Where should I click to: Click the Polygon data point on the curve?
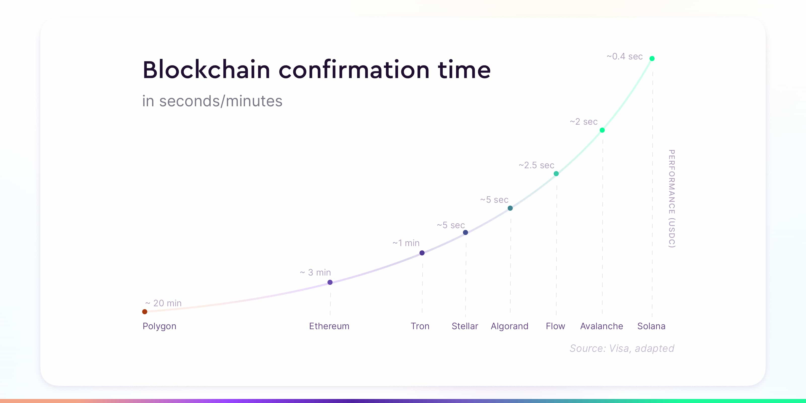[x=145, y=312]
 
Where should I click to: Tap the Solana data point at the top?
[x=652, y=58]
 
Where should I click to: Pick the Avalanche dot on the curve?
[x=602, y=130]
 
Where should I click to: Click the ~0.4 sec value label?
[x=625, y=56]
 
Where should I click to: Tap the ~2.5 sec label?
[x=536, y=165]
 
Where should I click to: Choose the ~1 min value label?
[x=406, y=243]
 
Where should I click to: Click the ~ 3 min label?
[x=315, y=272]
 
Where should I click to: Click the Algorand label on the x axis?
[x=509, y=326]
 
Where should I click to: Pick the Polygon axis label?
[x=159, y=326]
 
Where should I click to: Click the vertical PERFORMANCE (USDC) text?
[x=671, y=199]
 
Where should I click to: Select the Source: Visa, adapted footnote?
[x=622, y=348]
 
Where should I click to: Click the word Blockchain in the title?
[x=207, y=70]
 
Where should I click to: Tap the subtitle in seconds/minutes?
[x=212, y=101]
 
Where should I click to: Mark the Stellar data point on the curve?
[x=465, y=232]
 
